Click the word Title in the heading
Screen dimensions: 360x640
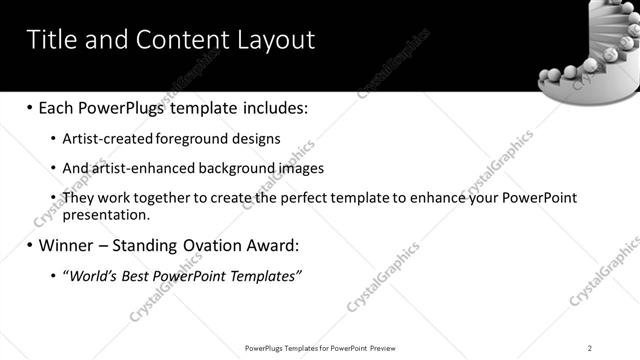[x=49, y=40]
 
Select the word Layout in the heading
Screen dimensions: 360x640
[x=270, y=40]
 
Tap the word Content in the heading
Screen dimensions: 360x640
[x=177, y=40]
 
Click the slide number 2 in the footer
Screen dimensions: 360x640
[x=590, y=348]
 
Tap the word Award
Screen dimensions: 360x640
[x=276, y=245]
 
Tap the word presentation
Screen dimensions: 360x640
[x=105, y=214]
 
